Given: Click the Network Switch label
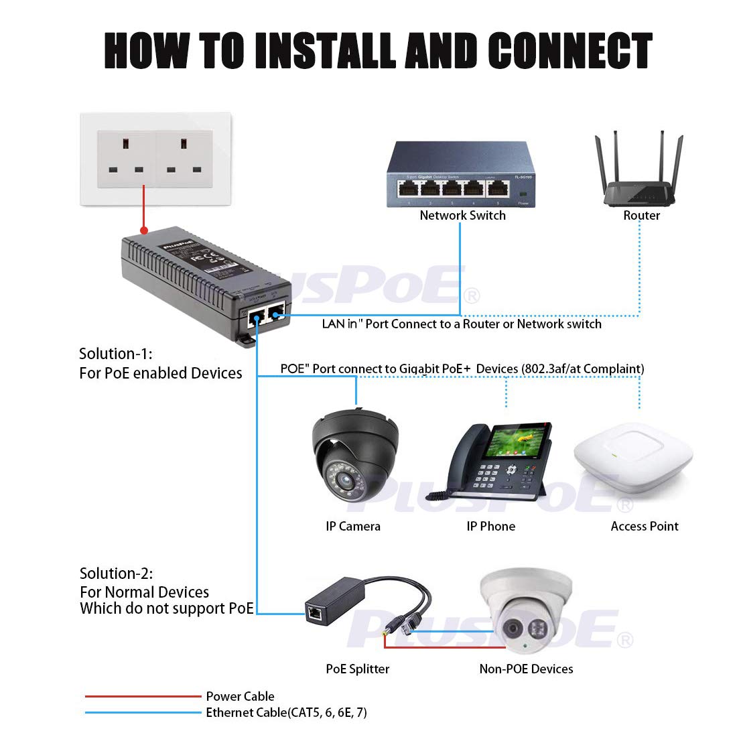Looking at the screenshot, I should tap(462, 215).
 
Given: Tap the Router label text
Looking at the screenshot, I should tap(641, 215).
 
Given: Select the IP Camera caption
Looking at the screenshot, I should tap(353, 527).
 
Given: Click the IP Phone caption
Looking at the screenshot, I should tap(491, 527).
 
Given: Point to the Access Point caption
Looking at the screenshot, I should tap(645, 527).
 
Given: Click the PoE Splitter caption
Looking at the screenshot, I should tap(357, 669).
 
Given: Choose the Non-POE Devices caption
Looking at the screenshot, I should tap(526, 669).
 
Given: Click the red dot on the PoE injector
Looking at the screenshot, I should tap(143, 230).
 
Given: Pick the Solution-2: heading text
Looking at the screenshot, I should tap(116, 574).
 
